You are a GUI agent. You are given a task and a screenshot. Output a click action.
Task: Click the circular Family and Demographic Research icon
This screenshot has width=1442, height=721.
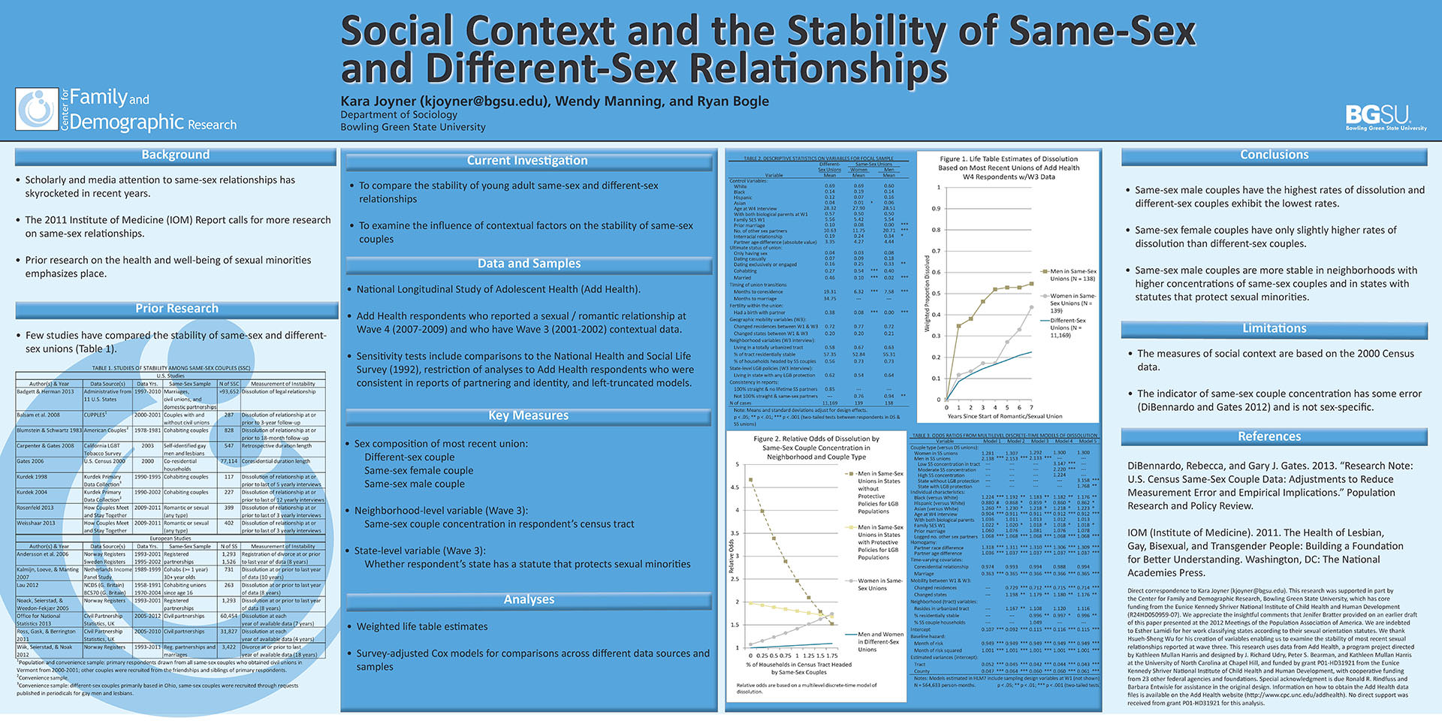(x=37, y=110)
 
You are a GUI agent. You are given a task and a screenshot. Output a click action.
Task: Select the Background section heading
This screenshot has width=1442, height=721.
(x=175, y=155)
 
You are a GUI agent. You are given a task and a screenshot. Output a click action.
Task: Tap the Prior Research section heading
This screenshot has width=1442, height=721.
(x=176, y=309)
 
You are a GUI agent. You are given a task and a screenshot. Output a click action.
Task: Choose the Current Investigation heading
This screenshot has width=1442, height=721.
(x=527, y=161)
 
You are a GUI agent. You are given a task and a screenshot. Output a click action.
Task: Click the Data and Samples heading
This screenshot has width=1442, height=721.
(x=529, y=264)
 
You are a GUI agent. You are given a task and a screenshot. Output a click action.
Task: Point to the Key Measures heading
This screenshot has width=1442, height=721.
(x=528, y=415)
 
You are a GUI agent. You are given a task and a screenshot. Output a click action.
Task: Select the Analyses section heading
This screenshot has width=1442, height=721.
(x=529, y=599)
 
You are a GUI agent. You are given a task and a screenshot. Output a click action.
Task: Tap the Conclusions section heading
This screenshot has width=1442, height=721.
(x=1274, y=155)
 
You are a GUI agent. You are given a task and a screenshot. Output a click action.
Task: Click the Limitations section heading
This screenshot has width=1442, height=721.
(x=1274, y=328)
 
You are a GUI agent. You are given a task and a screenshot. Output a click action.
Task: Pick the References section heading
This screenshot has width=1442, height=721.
(x=1269, y=436)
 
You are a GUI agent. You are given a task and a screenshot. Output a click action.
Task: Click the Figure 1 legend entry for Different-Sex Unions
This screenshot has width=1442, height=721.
(x=1067, y=327)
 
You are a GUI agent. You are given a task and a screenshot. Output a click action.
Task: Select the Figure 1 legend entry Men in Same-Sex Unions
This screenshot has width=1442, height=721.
(x=1072, y=275)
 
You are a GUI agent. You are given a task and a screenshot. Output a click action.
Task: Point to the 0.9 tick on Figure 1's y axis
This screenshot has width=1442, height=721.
(x=936, y=209)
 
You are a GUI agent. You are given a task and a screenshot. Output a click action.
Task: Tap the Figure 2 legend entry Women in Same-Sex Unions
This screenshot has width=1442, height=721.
(x=880, y=584)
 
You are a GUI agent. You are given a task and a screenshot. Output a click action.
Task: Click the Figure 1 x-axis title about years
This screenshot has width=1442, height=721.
(x=1004, y=416)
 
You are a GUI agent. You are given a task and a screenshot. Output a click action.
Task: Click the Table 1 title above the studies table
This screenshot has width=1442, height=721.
(x=170, y=368)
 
